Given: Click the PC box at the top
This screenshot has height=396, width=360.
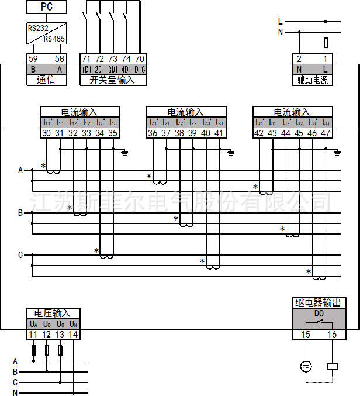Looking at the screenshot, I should tap(46, 7).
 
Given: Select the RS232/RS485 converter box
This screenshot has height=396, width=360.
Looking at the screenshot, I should tap(47, 33).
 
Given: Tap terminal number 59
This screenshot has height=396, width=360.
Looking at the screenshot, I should tap(33, 59).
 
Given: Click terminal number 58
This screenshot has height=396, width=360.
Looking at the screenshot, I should tap(59, 59).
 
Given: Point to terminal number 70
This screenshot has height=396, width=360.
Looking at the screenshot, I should tap(139, 59).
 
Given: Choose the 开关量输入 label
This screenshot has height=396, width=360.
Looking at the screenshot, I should tap(112, 80).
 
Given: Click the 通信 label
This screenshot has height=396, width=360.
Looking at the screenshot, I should tap(46, 80).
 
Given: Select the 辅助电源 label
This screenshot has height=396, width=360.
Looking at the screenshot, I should tap(313, 80).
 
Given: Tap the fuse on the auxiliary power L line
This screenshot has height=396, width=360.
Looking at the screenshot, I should tap(326, 42).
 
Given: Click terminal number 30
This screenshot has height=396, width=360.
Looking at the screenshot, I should tap(47, 133).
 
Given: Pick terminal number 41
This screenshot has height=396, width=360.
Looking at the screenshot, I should tap(219, 133).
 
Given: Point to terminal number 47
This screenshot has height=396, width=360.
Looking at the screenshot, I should tap(326, 133).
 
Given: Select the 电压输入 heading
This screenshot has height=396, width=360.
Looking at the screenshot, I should tap(53, 313).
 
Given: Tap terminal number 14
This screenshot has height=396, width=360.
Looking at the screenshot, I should tap(72, 335).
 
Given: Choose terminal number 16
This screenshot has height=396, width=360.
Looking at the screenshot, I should tap(332, 335).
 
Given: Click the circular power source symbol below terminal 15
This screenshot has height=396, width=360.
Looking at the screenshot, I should tap(305, 367).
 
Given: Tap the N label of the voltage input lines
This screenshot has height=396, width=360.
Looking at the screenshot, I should tap(15, 392).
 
